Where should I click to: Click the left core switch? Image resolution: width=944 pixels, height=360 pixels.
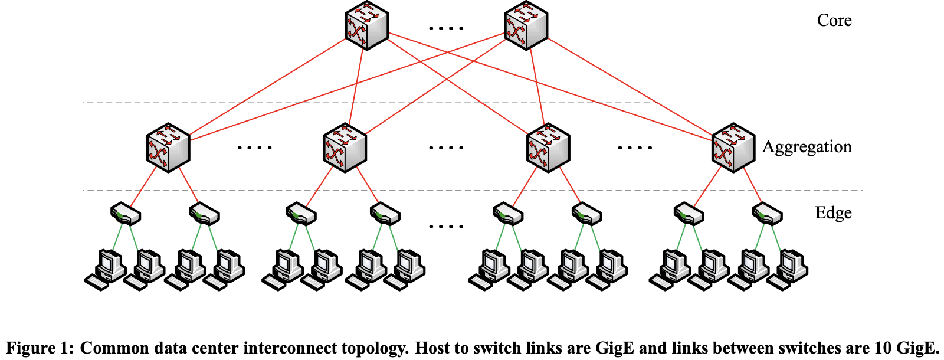pos(366,26)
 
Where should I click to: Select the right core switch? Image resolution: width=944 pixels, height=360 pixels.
pos(526,26)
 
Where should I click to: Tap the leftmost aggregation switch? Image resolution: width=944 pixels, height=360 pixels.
pos(168,148)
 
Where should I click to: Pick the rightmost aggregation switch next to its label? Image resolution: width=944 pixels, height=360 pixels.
pos(733,148)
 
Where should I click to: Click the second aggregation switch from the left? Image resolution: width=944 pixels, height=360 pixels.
pos(345,148)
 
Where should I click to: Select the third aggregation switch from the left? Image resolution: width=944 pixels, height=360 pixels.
pos(548,148)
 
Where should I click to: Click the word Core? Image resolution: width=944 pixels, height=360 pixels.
pos(834,21)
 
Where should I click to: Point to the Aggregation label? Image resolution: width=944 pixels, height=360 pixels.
pos(807,147)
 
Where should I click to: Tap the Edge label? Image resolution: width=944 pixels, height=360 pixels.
pos(833,213)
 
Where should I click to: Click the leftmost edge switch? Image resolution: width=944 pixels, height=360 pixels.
pos(126,214)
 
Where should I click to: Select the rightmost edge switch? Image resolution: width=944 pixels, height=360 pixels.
pos(768,214)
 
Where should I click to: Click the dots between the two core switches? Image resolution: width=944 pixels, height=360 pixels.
pos(446,28)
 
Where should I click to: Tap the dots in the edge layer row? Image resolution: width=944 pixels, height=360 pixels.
pos(446,227)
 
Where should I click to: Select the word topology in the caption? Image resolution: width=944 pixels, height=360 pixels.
pos(376,348)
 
